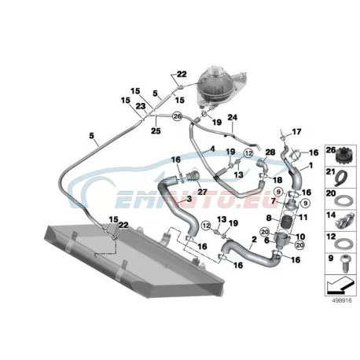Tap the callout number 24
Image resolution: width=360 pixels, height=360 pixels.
coord(232,117)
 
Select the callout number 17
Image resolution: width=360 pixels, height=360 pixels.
coord(296,131)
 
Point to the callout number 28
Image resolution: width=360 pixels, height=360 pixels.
coord(270,152)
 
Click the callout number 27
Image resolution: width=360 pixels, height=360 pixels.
coord(202,192)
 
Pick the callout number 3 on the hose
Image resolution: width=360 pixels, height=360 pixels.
coord(189,199)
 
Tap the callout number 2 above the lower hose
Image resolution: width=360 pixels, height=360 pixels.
coord(254,239)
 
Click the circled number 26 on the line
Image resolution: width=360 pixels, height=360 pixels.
coord(178,116)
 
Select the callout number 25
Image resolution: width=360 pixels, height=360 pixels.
coord(156,130)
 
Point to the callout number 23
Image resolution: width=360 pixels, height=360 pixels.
coord(141,106)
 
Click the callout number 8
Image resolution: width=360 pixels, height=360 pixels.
coord(269,217)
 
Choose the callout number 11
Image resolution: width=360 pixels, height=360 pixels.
coord(303,217)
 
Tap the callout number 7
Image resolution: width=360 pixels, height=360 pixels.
coord(274,201)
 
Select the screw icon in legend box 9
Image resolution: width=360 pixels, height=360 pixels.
coord(346,263)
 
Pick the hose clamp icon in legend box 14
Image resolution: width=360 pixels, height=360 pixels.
coord(345,221)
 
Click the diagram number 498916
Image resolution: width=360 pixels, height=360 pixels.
coord(342,300)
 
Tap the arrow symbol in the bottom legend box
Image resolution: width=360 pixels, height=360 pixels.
coord(340,286)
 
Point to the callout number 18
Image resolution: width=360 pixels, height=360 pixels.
coord(277,180)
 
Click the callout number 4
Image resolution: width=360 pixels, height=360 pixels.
coord(212,149)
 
